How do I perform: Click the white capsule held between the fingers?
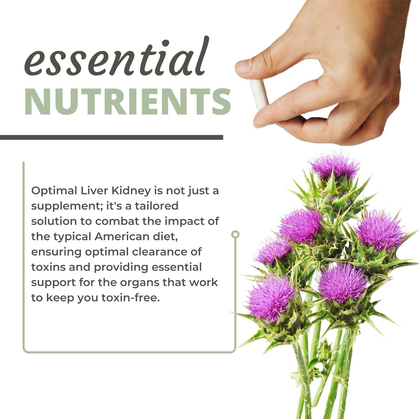click(259, 94)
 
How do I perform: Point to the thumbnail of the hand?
click(244, 67)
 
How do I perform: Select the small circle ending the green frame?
click(235, 234)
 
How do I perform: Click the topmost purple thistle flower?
click(334, 166)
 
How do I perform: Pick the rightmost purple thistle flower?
click(380, 231)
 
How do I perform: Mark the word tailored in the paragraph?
click(156, 206)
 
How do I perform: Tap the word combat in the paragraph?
click(115, 221)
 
